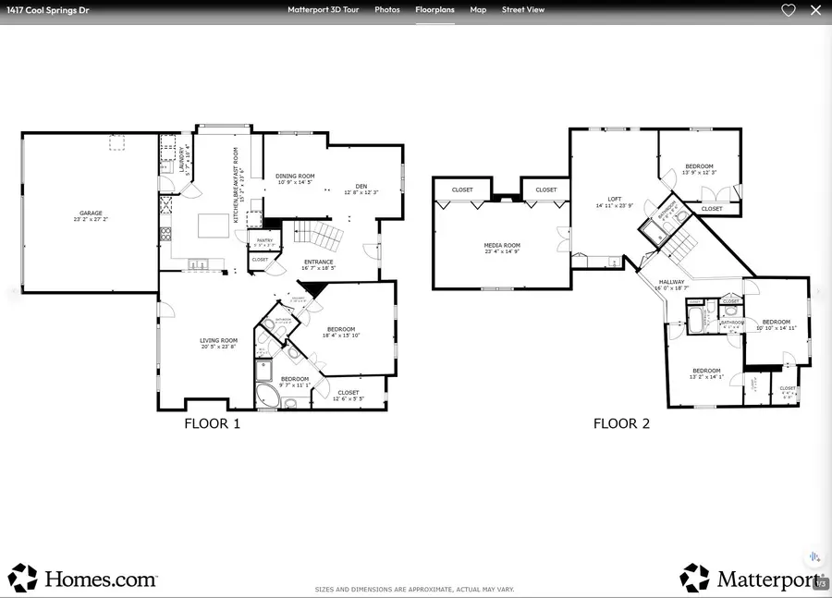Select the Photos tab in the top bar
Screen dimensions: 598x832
click(387, 10)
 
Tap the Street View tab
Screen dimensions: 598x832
click(523, 10)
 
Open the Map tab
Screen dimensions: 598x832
click(478, 10)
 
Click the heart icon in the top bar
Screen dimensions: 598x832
click(789, 10)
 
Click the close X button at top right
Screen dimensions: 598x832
click(815, 10)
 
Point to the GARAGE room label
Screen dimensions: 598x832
click(91, 215)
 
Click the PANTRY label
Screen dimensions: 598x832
click(263, 240)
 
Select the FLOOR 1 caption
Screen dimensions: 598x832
click(213, 424)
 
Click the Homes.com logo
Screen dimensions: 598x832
click(83, 579)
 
